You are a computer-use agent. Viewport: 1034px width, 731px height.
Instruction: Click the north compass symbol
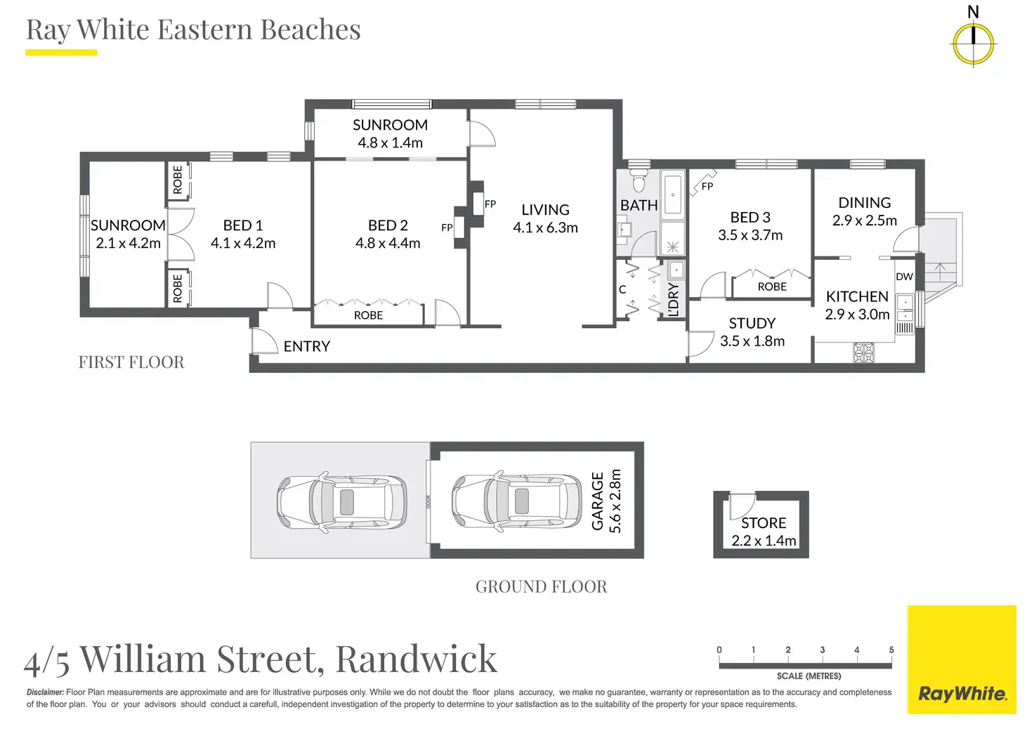point(974,44)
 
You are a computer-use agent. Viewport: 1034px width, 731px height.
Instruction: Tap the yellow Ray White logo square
point(962,659)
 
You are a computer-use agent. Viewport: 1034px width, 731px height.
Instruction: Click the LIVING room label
point(545,209)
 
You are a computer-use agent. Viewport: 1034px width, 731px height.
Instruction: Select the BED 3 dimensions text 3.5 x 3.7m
point(750,235)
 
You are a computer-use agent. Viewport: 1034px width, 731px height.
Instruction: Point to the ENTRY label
point(306,346)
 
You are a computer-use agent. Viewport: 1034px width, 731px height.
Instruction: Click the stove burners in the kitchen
point(863,353)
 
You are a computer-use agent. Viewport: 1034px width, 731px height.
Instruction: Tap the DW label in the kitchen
point(904,277)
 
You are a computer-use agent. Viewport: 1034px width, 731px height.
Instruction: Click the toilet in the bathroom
point(639,181)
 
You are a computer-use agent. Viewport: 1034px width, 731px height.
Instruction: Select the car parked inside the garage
point(516,501)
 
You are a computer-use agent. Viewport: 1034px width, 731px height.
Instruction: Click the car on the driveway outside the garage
point(341,502)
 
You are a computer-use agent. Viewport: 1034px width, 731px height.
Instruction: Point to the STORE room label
point(764,523)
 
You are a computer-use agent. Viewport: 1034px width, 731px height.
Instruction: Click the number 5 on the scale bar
point(891,650)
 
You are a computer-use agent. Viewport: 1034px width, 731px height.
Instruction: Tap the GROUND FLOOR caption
point(541,586)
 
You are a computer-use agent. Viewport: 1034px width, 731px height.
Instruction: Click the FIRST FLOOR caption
point(131,362)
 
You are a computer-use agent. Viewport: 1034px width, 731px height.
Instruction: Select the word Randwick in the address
point(417,659)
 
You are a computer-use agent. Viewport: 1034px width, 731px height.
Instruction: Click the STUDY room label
point(752,323)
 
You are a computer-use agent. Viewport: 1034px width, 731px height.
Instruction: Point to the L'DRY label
point(674,300)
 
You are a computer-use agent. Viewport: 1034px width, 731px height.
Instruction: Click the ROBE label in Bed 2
point(368,315)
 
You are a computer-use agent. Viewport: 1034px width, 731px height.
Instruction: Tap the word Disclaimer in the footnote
point(45,692)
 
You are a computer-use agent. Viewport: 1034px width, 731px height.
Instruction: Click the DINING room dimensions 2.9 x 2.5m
point(864,220)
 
